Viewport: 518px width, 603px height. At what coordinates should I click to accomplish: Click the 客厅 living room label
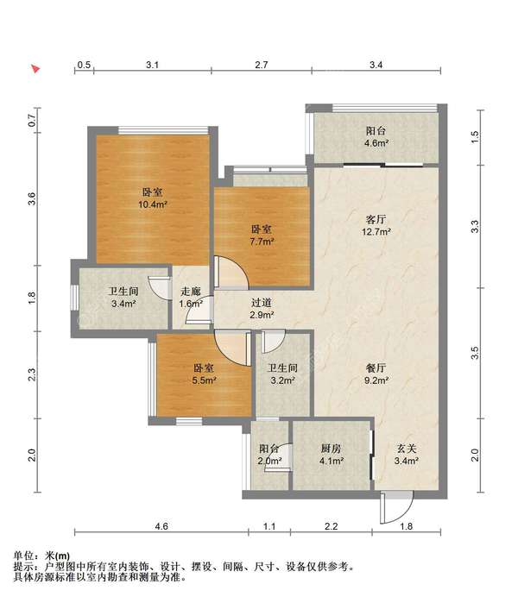point(376,220)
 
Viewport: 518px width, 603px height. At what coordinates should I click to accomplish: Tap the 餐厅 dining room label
point(376,368)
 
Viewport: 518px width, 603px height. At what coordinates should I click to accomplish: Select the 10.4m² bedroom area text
point(153,204)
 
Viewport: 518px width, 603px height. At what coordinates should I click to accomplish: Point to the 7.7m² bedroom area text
point(262,242)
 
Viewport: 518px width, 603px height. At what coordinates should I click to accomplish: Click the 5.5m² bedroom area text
point(204,380)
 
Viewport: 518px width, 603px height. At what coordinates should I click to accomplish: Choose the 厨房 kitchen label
point(331,449)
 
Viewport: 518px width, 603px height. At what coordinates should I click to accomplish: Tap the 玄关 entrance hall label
point(407,449)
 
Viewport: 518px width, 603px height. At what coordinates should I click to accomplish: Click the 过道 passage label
point(262,303)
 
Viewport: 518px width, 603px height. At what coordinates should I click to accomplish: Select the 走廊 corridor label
point(191,291)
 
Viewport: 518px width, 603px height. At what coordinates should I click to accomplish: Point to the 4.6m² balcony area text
point(376,143)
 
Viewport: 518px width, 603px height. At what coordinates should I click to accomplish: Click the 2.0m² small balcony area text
point(269,461)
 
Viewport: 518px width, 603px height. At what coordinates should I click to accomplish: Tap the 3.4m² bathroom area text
point(123,304)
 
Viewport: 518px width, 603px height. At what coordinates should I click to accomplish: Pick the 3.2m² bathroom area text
point(282,380)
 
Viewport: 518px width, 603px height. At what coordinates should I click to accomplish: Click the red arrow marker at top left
point(35,69)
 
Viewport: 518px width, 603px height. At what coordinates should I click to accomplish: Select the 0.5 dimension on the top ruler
point(84,65)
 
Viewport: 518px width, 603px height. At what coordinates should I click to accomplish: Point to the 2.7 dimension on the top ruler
point(262,65)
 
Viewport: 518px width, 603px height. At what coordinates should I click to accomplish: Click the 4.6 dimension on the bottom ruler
point(161,525)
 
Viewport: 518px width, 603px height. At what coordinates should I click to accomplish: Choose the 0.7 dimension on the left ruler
point(32,122)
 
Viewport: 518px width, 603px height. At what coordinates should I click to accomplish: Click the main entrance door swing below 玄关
point(397,507)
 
